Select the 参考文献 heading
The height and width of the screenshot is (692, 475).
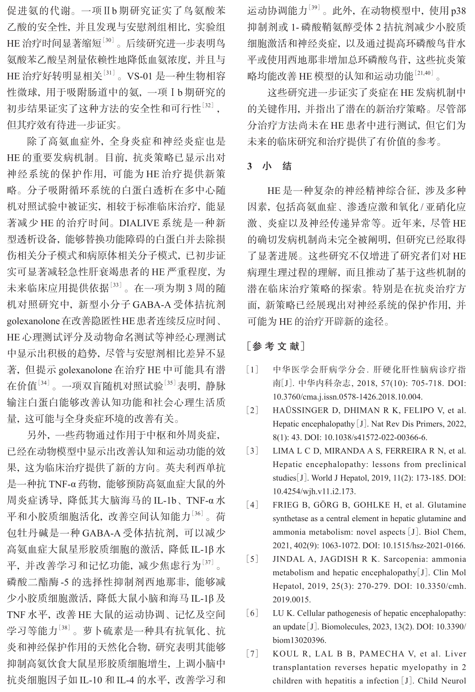coord(276,346)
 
